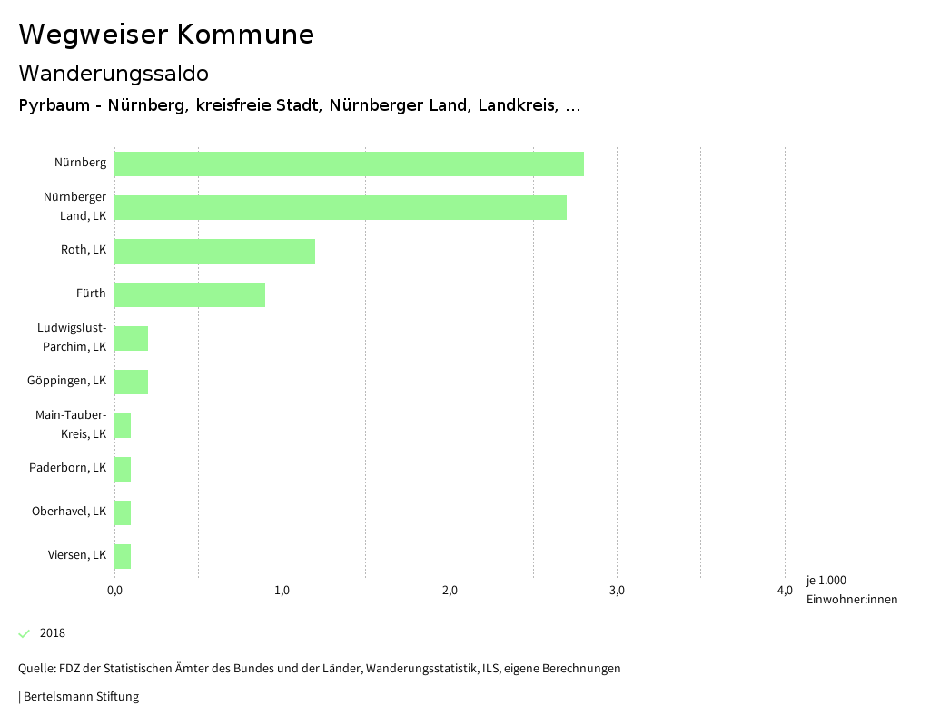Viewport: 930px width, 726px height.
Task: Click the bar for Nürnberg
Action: click(x=349, y=164)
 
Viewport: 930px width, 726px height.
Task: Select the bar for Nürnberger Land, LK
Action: click(x=341, y=208)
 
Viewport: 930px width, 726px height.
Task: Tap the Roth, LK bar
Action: click(x=214, y=251)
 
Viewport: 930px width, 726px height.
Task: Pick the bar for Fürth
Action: click(x=190, y=294)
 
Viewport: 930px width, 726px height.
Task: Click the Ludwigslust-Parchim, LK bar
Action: click(x=132, y=338)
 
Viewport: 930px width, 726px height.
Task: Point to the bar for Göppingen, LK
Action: click(x=132, y=382)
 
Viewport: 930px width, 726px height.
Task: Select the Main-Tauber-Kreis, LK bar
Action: click(x=123, y=425)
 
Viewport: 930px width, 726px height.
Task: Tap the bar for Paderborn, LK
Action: click(x=123, y=469)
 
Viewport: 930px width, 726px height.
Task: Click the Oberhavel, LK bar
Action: click(x=123, y=512)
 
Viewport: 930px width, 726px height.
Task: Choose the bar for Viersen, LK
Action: click(x=123, y=556)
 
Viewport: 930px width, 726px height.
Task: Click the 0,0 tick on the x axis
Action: click(x=115, y=592)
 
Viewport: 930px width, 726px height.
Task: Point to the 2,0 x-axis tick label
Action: click(x=450, y=592)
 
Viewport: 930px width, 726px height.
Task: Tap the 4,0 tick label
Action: click(x=785, y=592)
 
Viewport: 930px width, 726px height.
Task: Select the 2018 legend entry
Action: click(x=52, y=633)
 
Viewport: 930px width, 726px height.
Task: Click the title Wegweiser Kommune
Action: click(x=166, y=35)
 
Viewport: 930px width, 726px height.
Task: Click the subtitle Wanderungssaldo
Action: click(x=114, y=73)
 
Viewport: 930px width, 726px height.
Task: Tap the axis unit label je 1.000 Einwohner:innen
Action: click(x=851, y=590)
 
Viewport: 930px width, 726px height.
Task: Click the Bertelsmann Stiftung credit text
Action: click(x=81, y=697)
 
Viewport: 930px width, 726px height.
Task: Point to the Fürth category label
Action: click(x=91, y=293)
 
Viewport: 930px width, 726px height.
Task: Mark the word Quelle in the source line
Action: click(x=35, y=669)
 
